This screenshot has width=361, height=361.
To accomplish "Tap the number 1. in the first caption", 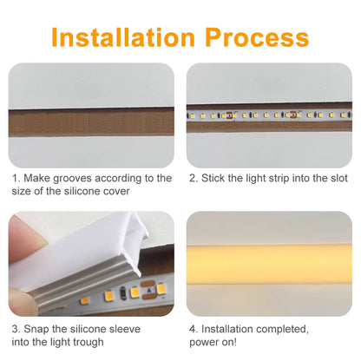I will point(16,178).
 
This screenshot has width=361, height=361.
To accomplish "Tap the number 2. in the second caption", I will point(194,178).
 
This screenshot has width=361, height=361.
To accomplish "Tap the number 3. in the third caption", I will point(16,329).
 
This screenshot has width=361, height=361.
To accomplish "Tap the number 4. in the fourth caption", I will point(194,329).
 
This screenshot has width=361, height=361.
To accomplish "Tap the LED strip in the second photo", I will point(269,115).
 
